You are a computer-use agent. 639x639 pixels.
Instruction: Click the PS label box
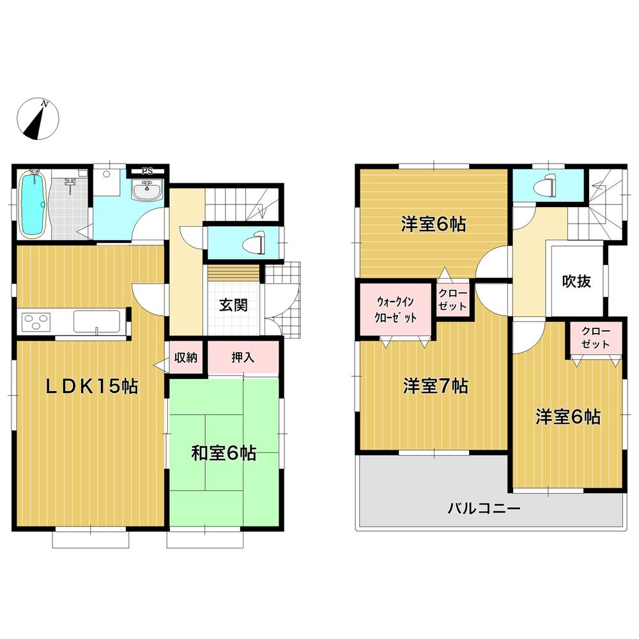click(x=147, y=171)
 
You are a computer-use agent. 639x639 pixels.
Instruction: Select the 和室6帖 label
click(x=224, y=453)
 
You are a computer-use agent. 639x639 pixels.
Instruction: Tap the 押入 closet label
click(x=243, y=357)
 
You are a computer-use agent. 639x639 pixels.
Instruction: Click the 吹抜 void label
click(x=576, y=281)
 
